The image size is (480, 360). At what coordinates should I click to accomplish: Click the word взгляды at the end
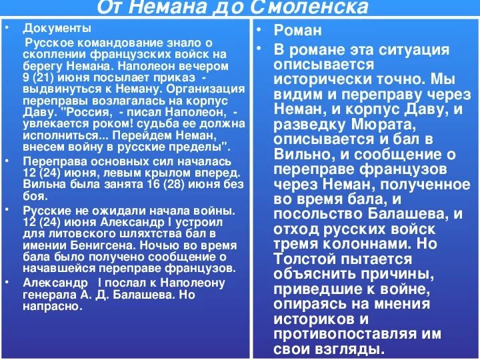point(350,349)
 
